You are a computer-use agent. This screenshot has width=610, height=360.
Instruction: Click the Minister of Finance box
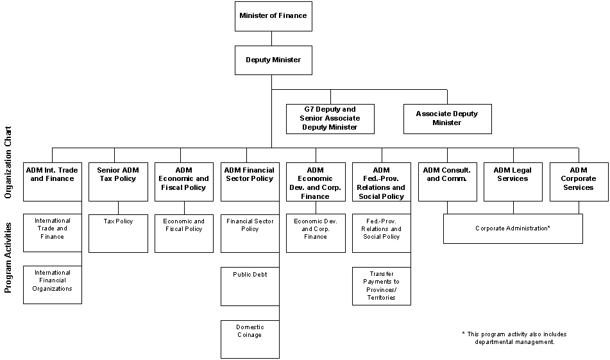[x=273, y=15]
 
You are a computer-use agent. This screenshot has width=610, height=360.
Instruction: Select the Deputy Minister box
[x=273, y=60]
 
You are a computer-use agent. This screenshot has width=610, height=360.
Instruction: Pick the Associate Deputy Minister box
[x=447, y=119]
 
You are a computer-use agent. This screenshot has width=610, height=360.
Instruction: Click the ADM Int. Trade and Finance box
[x=52, y=181]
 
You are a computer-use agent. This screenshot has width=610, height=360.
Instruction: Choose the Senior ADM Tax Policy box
[x=117, y=181]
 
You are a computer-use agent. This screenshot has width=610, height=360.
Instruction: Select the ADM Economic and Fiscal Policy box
[x=183, y=181]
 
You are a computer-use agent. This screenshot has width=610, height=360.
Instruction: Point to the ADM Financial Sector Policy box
[x=250, y=181]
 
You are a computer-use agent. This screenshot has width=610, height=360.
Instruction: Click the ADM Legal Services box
[x=513, y=181]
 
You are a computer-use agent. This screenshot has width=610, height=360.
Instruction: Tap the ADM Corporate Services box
[x=579, y=181]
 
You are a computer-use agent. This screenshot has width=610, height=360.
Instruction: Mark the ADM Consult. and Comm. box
[x=447, y=181]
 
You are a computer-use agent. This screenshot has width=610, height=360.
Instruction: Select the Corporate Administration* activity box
[x=513, y=228]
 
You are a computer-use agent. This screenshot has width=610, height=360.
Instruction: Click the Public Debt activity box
[x=250, y=286]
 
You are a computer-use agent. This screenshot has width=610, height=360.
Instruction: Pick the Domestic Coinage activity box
[x=250, y=339]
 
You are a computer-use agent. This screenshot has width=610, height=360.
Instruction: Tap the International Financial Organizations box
[x=52, y=284]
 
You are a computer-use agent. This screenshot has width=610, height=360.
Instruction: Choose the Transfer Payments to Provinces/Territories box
[x=381, y=286]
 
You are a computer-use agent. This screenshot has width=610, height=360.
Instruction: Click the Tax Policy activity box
[x=117, y=233]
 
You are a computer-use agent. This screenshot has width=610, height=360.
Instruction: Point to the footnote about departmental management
[x=514, y=338]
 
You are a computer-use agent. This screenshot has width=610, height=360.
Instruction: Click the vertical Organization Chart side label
[x=8, y=164]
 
